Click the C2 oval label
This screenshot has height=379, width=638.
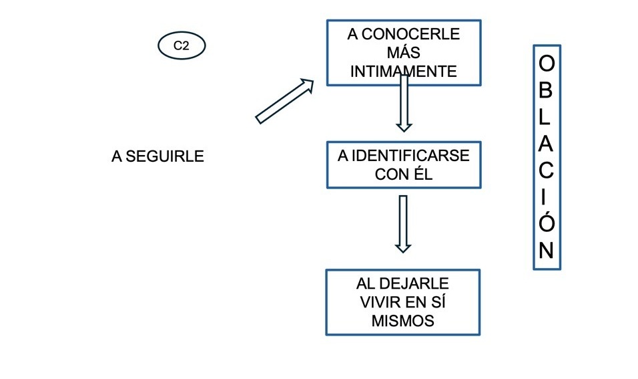[182, 46]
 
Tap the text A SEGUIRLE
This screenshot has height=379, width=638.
[157, 157]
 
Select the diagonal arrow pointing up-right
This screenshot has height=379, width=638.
[285, 100]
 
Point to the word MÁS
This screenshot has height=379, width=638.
[403, 53]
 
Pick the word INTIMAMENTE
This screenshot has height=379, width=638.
[403, 72]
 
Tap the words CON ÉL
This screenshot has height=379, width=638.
[404, 174]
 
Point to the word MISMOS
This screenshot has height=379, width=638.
[402, 321]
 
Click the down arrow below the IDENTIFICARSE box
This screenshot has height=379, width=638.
[402, 223]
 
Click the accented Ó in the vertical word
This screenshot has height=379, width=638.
[546, 221]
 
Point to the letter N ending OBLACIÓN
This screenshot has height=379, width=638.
[546, 250]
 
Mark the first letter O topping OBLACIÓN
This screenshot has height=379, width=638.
[546, 64]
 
